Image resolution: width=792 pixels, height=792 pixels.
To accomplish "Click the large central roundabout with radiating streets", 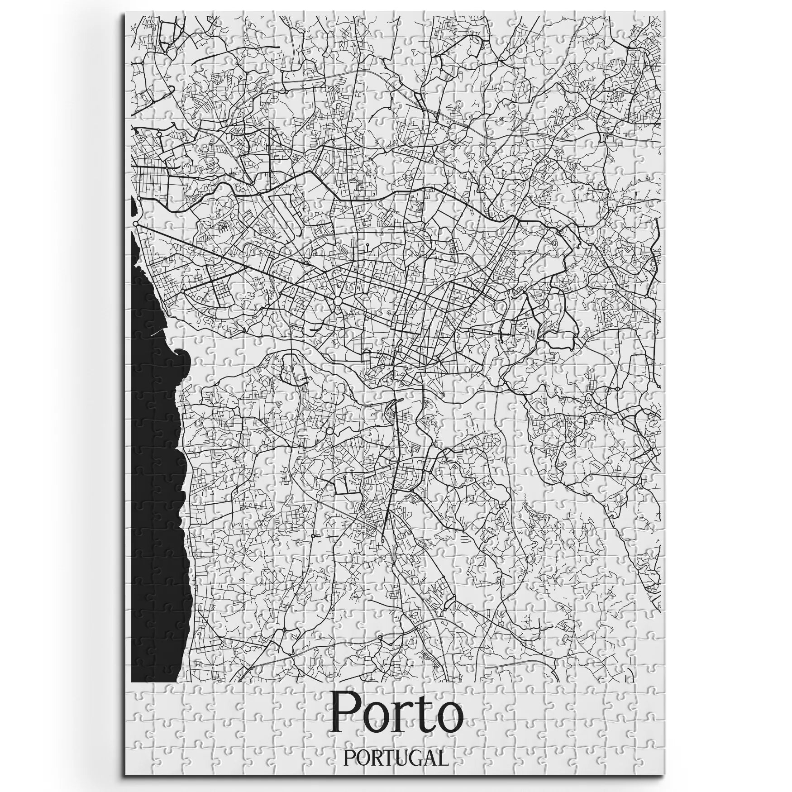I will coord(338,301).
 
